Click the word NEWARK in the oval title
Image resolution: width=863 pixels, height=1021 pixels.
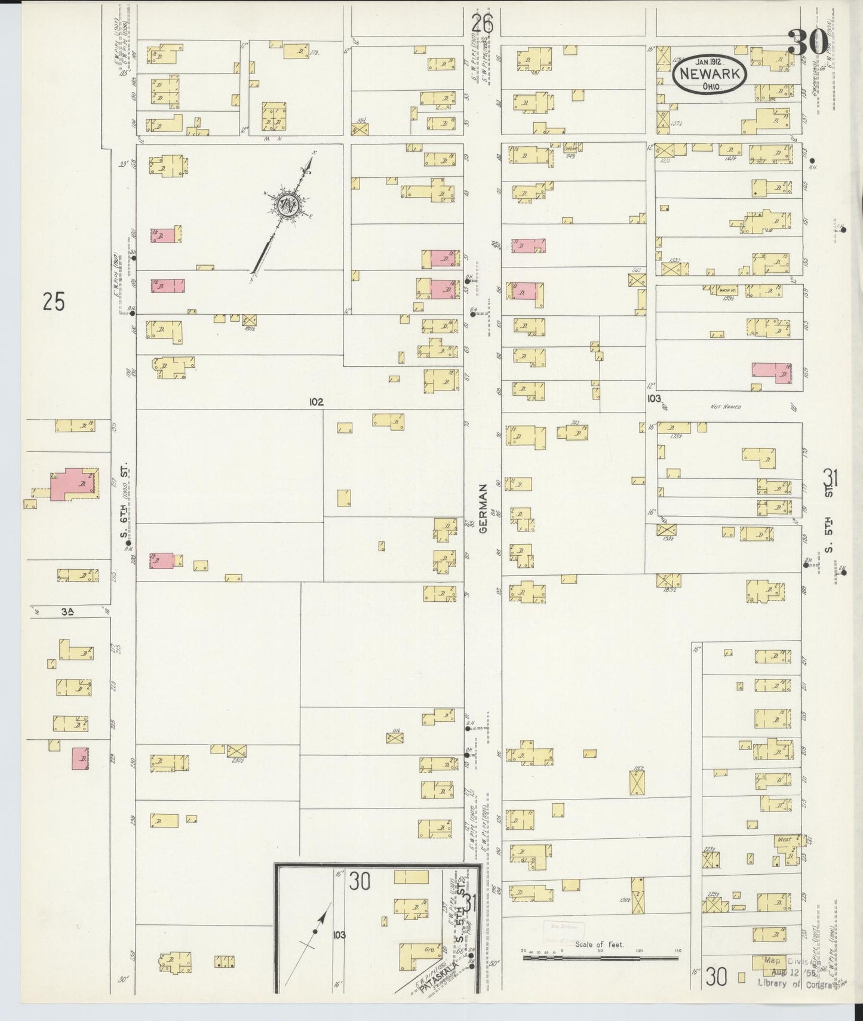[x=710, y=74]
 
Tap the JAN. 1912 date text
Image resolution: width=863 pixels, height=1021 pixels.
[x=710, y=60]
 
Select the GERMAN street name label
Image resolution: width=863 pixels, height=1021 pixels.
[x=483, y=508]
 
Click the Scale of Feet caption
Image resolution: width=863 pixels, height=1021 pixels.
[x=599, y=944]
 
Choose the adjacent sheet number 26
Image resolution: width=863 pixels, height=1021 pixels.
[x=482, y=24]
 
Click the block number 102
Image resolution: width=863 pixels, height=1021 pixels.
[x=316, y=402]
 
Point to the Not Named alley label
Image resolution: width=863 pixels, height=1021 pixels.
[x=726, y=407]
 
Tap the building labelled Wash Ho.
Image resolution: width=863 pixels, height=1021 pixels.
[x=727, y=290]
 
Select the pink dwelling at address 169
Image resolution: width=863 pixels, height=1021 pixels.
[x=772, y=373]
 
